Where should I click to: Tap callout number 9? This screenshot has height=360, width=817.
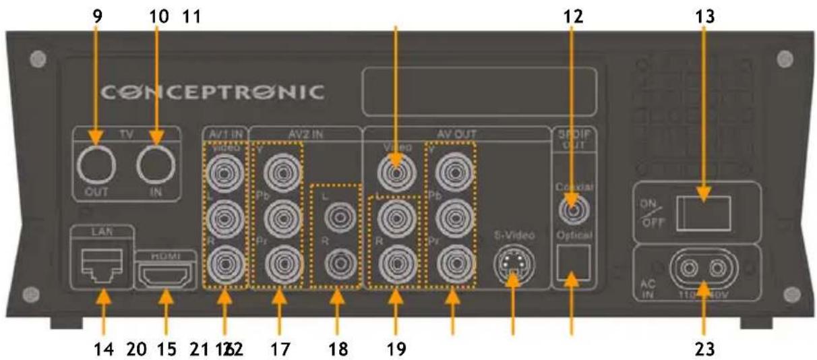(x=98, y=14)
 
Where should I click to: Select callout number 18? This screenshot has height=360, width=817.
(x=338, y=350)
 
